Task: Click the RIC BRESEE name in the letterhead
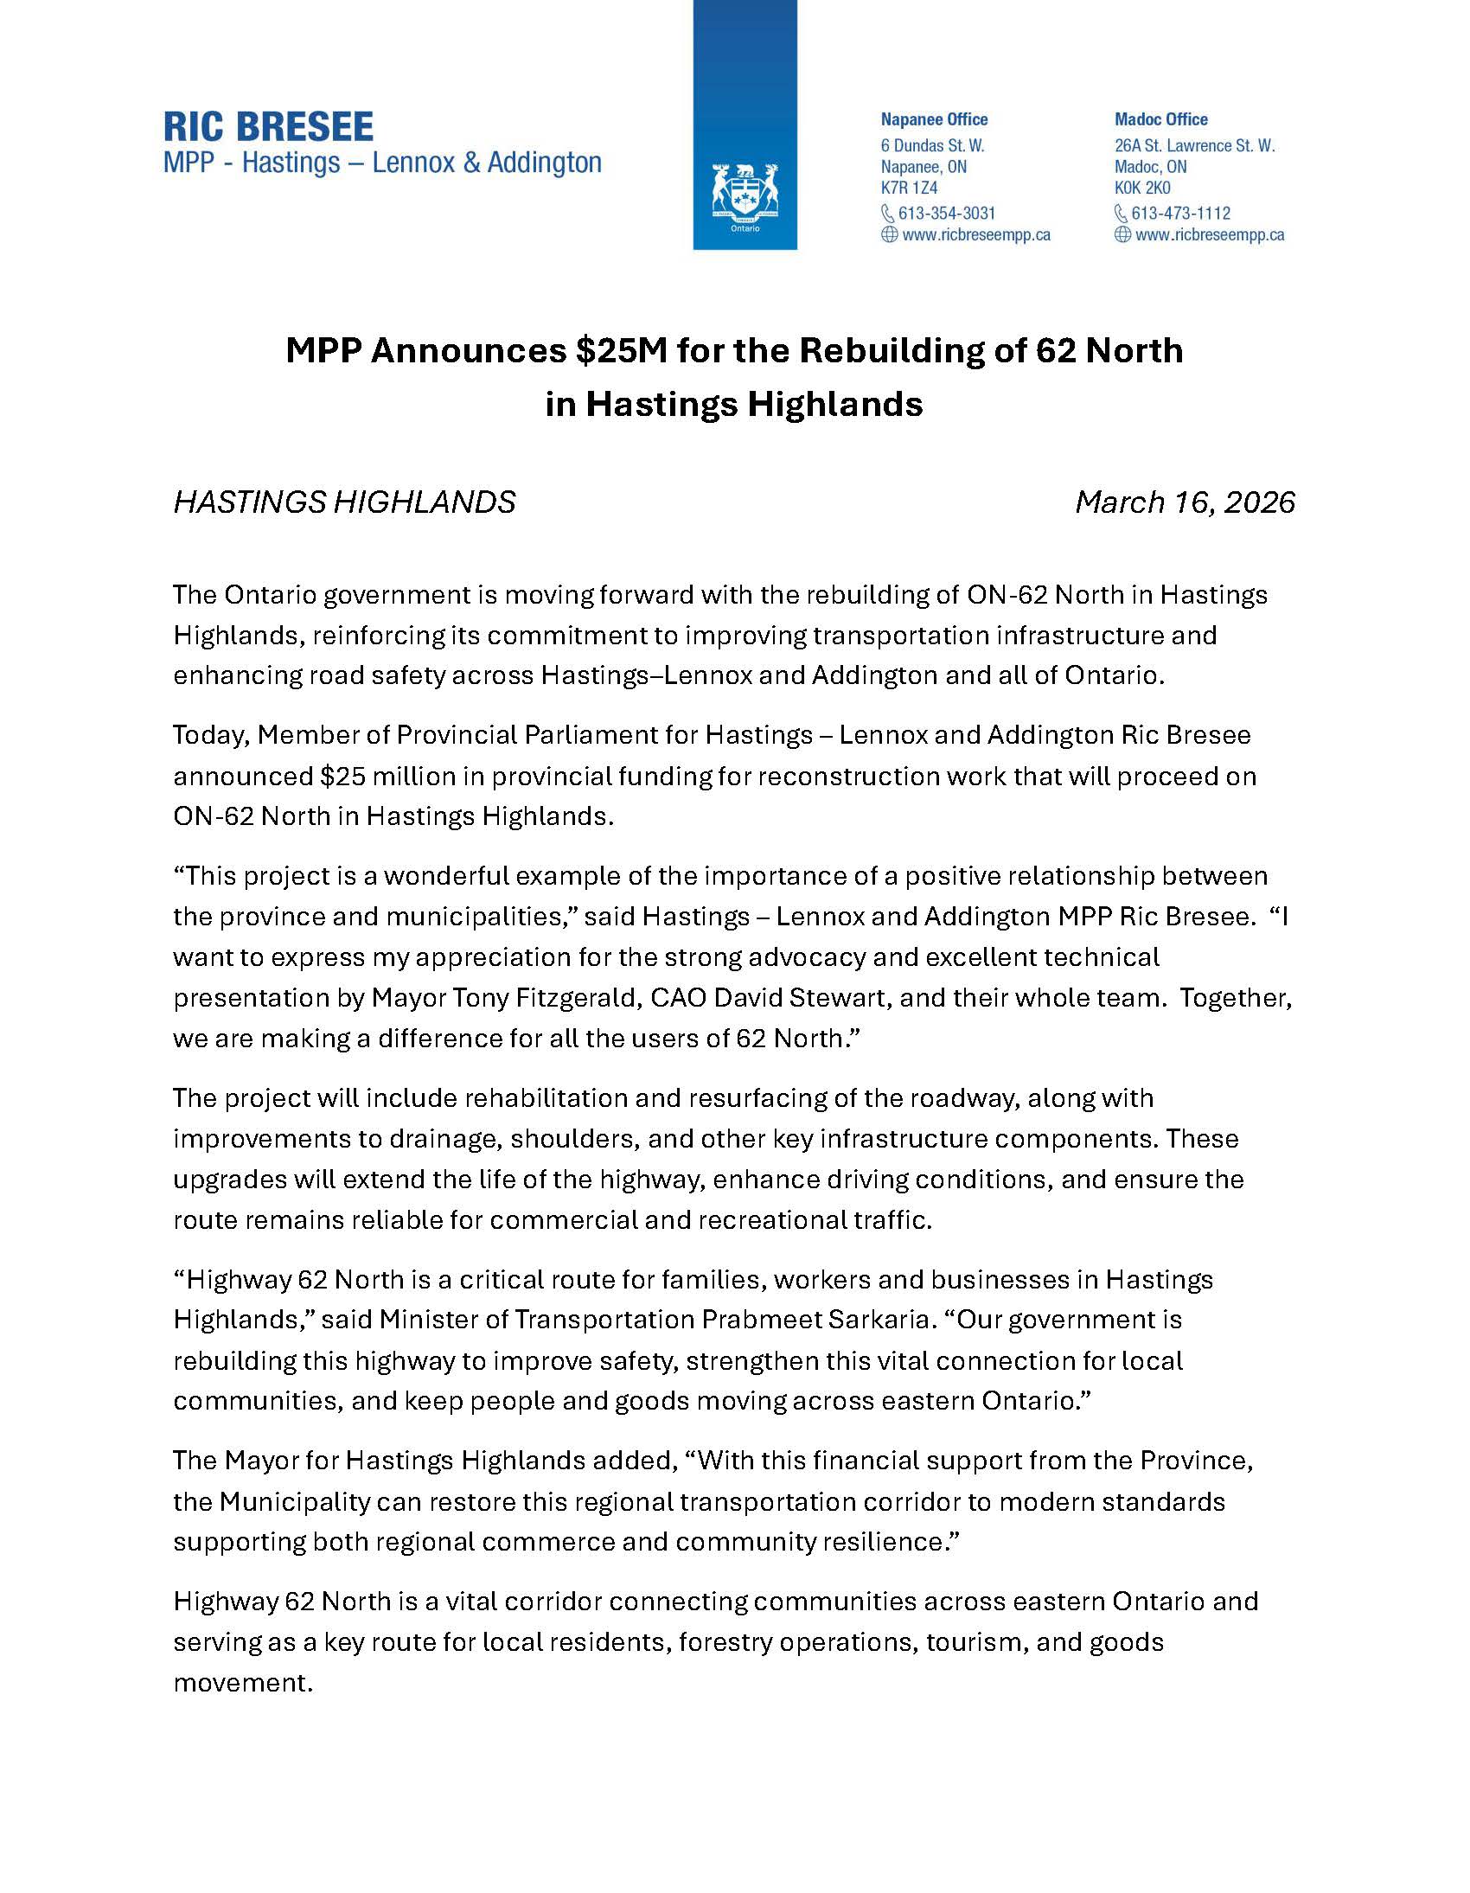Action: (x=268, y=127)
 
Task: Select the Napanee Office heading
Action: (x=934, y=119)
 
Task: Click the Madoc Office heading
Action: (x=1160, y=119)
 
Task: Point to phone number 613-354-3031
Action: (x=947, y=214)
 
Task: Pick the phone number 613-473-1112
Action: (x=1180, y=214)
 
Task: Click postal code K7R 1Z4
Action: (x=909, y=188)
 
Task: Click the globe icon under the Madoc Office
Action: (x=1122, y=235)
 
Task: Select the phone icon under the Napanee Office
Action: (x=888, y=214)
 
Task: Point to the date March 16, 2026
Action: (x=1185, y=502)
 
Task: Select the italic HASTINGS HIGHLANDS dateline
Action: (x=344, y=502)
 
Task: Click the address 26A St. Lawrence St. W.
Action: (x=1194, y=145)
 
